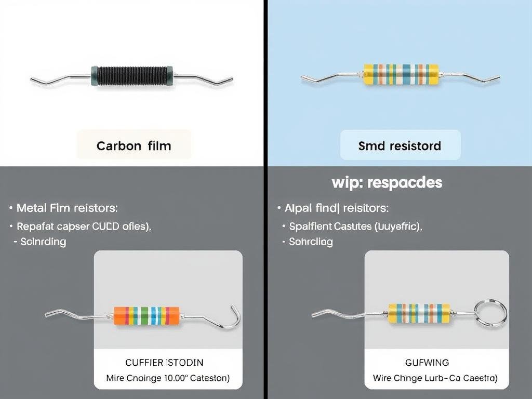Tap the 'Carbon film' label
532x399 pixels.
pos(134,145)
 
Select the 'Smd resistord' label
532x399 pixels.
pos(400,146)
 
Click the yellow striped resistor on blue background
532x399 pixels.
pos(401,74)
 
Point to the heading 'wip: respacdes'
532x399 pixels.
pos(387,183)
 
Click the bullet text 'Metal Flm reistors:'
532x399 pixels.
pos(67,208)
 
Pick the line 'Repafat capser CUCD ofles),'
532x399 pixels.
pos(84,227)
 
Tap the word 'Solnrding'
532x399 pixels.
pos(43,242)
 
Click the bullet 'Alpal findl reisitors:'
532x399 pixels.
pos(336,208)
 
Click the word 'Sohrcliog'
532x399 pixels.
pos(311,242)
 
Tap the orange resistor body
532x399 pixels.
pos(147,315)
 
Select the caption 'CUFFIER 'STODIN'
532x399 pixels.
pos(164,362)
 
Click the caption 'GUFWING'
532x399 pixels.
pos(427,362)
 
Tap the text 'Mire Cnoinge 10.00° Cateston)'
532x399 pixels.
pos(168,378)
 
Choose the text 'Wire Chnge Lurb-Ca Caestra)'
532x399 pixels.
pos(435,378)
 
